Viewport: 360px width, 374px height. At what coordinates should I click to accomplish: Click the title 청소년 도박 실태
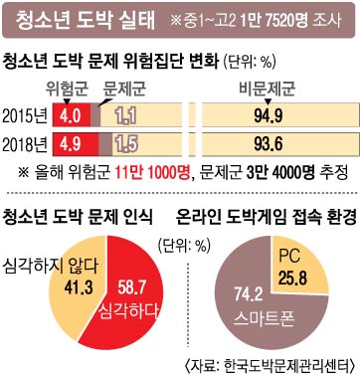pyautogui.click(x=86, y=21)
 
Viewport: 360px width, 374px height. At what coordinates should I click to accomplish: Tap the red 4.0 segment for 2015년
pyautogui.click(x=72, y=115)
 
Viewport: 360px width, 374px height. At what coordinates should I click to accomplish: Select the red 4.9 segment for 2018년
pyautogui.click(x=76, y=144)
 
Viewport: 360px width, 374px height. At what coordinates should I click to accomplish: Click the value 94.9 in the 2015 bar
pyautogui.click(x=269, y=115)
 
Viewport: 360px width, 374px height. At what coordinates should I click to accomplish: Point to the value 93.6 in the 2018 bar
pyautogui.click(x=269, y=144)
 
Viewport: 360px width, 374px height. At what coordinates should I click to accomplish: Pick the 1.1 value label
pyautogui.click(x=126, y=116)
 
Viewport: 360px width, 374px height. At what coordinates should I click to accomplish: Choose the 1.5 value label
pyautogui.click(x=126, y=144)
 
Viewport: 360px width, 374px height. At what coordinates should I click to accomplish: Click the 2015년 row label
pyautogui.click(x=25, y=115)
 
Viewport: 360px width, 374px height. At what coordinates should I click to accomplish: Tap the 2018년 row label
pyautogui.click(x=25, y=144)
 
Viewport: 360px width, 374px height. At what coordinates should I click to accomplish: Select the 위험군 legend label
pyautogui.click(x=67, y=89)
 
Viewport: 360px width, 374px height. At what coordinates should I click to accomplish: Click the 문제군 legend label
pyautogui.click(x=124, y=89)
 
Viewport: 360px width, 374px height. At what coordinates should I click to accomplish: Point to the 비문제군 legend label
pyautogui.click(x=268, y=89)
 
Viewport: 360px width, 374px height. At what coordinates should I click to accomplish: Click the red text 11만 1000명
pyautogui.click(x=153, y=172)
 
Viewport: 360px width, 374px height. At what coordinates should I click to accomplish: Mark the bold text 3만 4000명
pyautogui.click(x=280, y=172)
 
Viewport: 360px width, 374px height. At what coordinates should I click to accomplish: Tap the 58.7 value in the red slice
pyautogui.click(x=131, y=287)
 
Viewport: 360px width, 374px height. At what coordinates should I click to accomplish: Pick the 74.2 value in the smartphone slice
pyautogui.click(x=249, y=294)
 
